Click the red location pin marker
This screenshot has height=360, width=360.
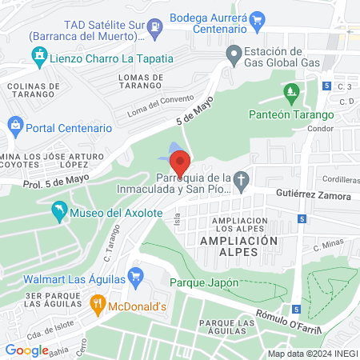tap(180, 164)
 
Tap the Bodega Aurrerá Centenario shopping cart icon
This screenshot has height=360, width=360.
tap(257, 19)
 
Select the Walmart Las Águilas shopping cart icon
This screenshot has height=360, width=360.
tap(135, 274)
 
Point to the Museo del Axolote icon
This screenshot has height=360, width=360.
tap(58, 212)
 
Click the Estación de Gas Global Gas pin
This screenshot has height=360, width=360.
tap(234, 56)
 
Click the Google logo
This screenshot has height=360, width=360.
tap(26, 350)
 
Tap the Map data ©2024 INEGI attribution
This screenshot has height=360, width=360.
tap(311, 353)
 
